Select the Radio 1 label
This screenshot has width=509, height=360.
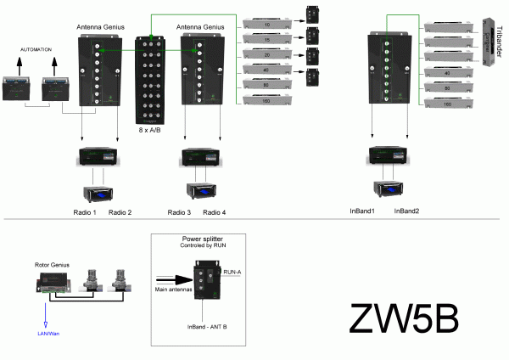(x=83, y=211)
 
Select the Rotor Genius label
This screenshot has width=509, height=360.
(x=52, y=265)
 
